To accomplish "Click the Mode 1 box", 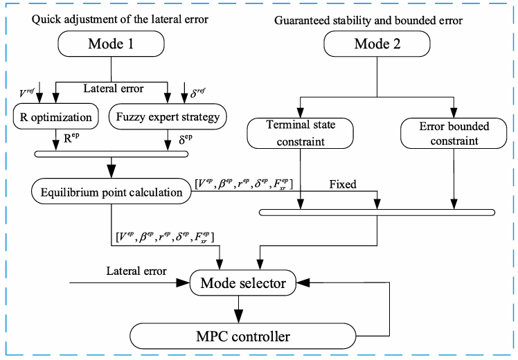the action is pyautogui.click(x=111, y=44).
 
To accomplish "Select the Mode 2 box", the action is pyautogui.click(x=377, y=44).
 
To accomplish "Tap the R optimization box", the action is pyautogui.click(x=56, y=116).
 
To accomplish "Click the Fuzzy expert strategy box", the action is pyautogui.click(x=168, y=116).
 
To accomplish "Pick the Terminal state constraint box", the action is pyautogui.click(x=301, y=133).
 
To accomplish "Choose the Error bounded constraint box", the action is pyautogui.click(x=454, y=133).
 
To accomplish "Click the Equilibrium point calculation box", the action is pyautogui.click(x=111, y=191).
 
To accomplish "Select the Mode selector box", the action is pyautogui.click(x=243, y=282).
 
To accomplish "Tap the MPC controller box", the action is pyautogui.click(x=243, y=336).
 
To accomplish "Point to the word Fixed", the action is pyautogui.click(x=343, y=184).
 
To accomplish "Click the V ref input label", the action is pyautogui.click(x=26, y=93).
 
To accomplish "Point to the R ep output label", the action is pyautogui.click(x=71, y=138).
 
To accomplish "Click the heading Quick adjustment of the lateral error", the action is pyautogui.click(x=120, y=19).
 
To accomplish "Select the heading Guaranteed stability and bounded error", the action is pyautogui.click(x=368, y=21).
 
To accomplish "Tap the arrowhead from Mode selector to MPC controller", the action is pyautogui.click(x=238, y=316).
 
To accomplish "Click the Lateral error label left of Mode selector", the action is pyautogui.click(x=136, y=271).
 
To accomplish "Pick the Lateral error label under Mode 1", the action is pyautogui.click(x=114, y=89).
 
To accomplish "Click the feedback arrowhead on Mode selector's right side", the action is pyautogui.click(x=303, y=282).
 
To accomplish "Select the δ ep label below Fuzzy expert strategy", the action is pyautogui.click(x=186, y=139).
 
